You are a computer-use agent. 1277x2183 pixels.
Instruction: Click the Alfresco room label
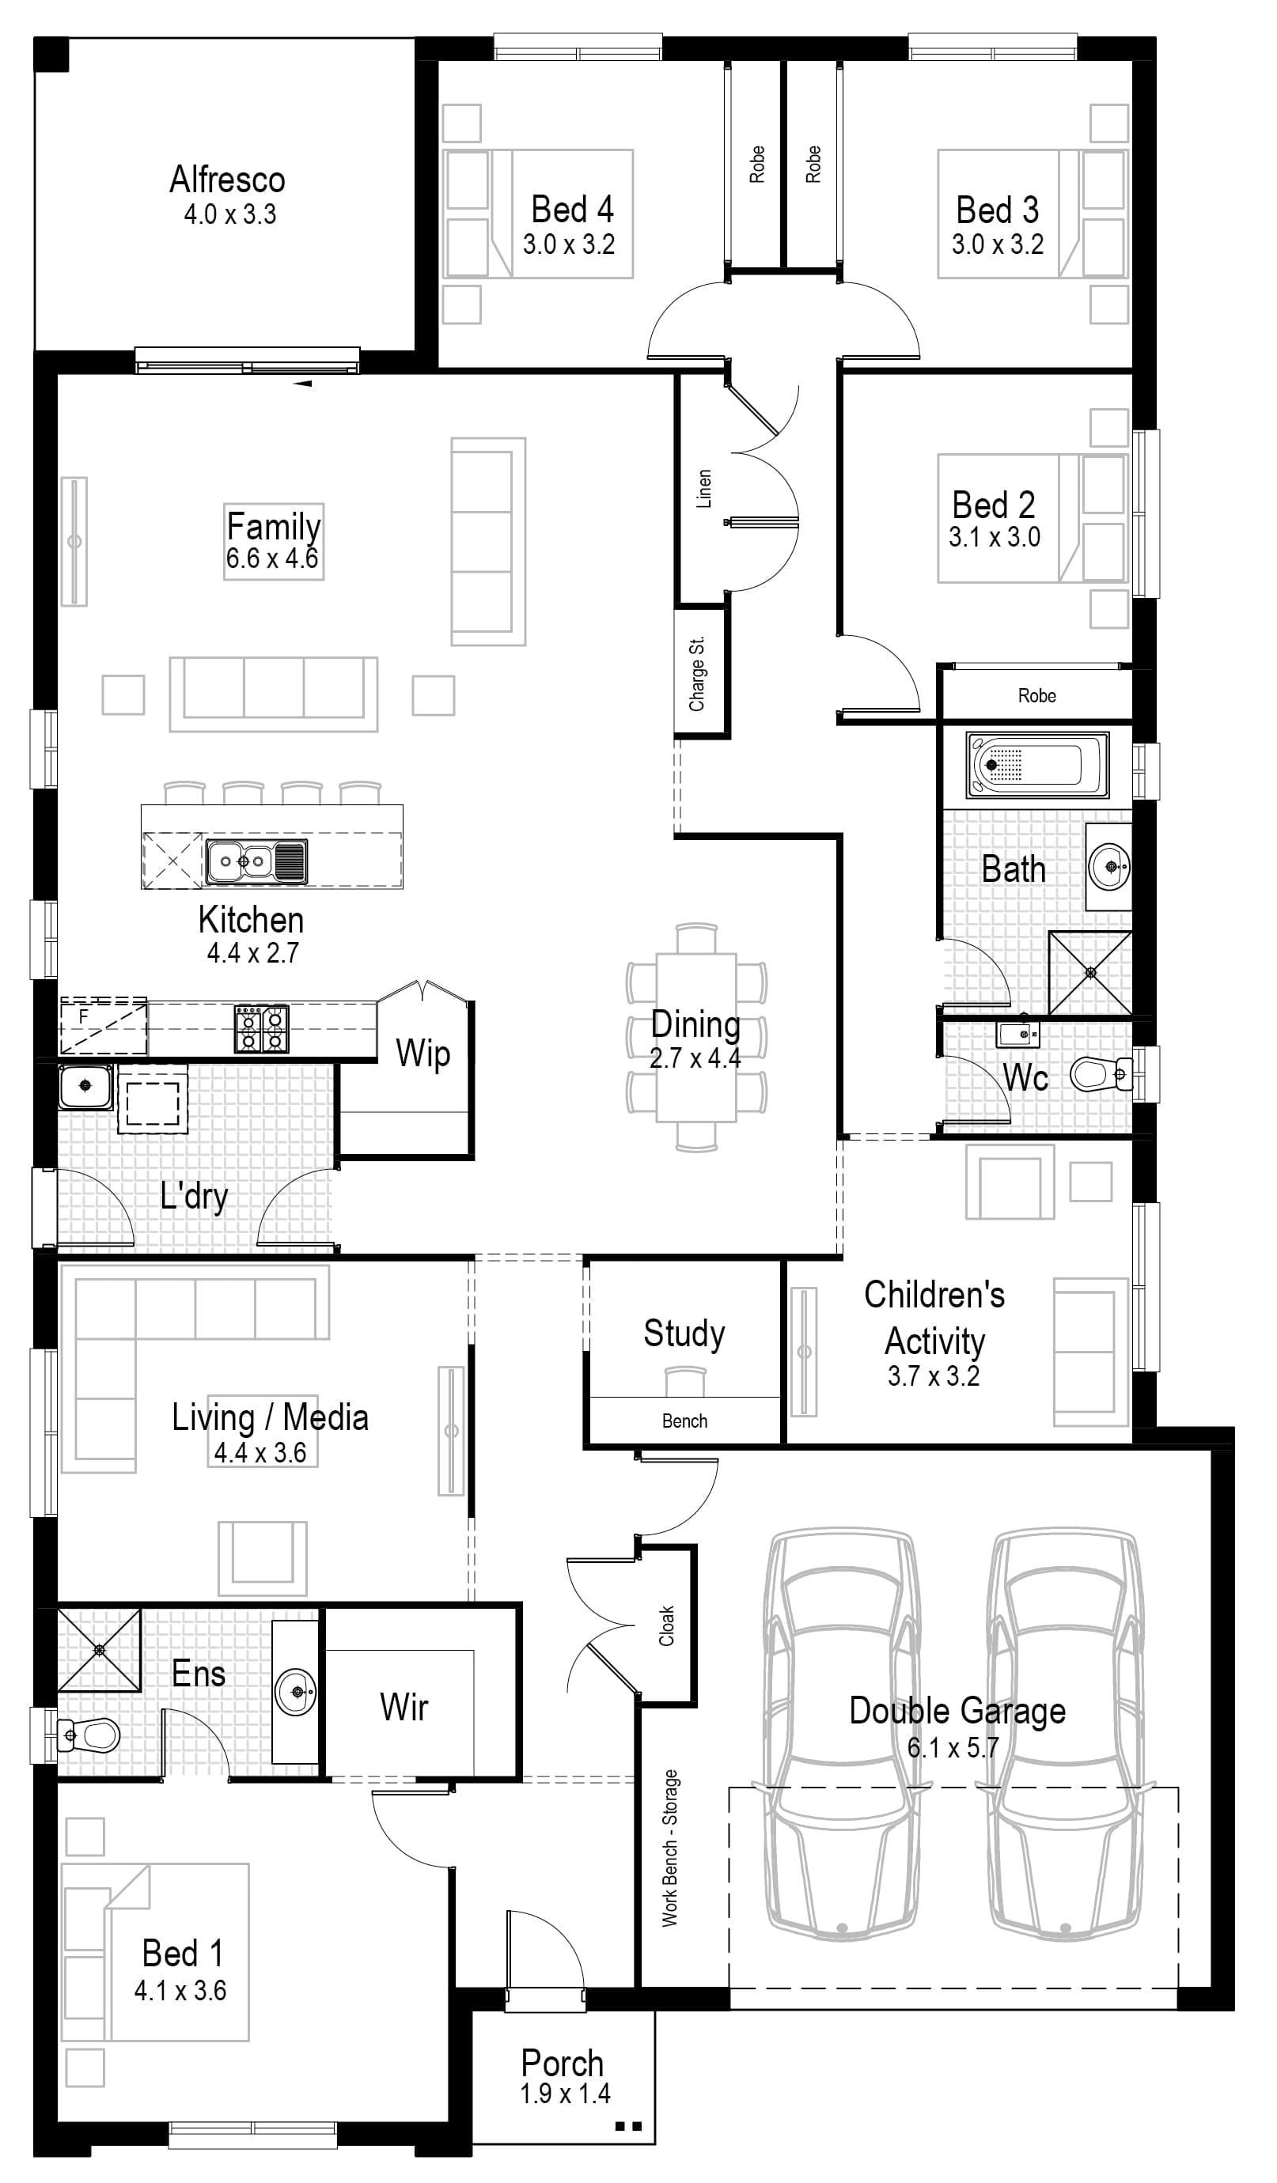click(227, 180)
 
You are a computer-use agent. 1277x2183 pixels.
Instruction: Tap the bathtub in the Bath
click(1037, 765)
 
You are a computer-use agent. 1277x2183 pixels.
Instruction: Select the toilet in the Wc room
click(1098, 1074)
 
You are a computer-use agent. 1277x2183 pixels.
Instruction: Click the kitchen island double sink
click(256, 861)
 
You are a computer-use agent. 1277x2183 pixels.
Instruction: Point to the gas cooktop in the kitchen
click(261, 1028)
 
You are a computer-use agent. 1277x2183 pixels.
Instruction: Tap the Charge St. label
click(697, 674)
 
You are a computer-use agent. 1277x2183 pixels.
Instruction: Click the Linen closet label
click(704, 490)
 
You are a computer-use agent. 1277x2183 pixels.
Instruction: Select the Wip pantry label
click(423, 1054)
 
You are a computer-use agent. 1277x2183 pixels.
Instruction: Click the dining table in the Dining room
click(695, 1037)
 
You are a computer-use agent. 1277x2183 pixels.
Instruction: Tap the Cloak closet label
click(666, 1626)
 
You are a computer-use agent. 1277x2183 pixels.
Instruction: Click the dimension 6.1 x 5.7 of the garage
click(953, 1747)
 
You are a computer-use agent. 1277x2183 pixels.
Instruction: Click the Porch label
click(562, 2063)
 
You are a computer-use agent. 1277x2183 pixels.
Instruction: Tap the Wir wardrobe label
click(404, 1708)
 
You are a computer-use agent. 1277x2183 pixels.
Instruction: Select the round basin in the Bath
click(1110, 864)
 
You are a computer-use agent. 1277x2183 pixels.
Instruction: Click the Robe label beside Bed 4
click(757, 165)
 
